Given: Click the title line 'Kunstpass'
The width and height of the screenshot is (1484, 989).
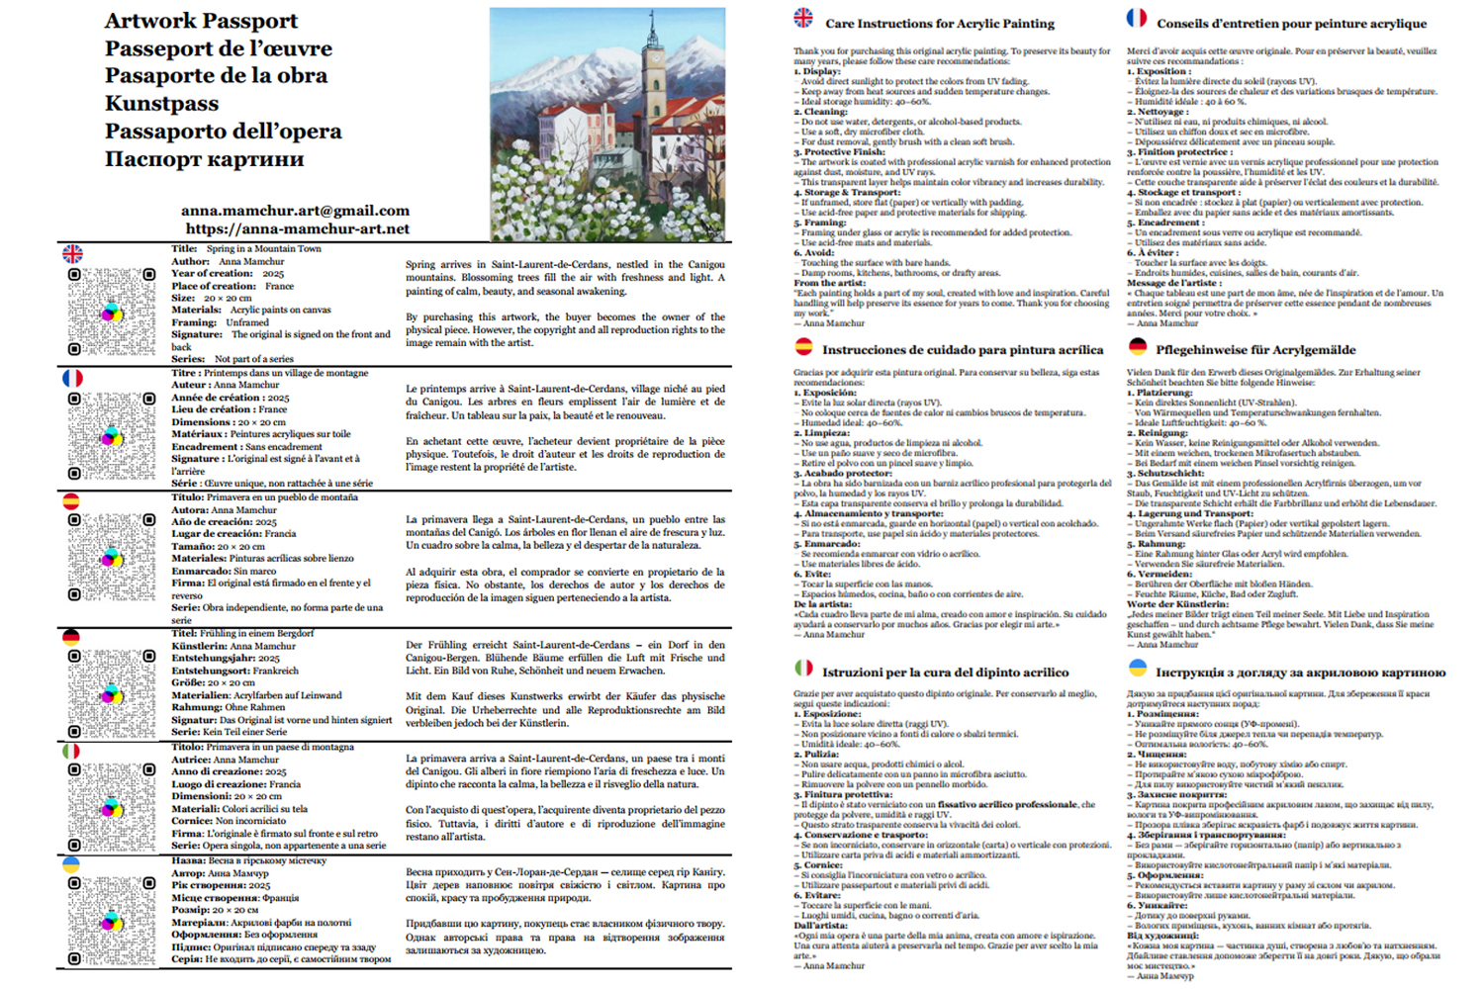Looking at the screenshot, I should (161, 104).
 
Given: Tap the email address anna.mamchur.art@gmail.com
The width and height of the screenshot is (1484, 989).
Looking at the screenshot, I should (295, 211).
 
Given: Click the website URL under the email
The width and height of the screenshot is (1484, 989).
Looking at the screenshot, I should (297, 229).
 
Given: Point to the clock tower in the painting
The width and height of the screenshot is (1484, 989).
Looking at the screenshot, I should (653, 89).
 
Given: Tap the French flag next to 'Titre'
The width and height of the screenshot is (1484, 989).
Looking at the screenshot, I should (72, 379).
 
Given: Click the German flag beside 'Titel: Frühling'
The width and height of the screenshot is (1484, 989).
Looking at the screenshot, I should (71, 638).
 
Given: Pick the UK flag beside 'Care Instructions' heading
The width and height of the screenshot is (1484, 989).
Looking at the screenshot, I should (803, 18).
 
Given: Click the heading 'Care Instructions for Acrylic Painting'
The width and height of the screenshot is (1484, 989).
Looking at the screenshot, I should (940, 24).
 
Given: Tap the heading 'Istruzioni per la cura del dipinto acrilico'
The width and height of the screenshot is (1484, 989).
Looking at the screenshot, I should (945, 673).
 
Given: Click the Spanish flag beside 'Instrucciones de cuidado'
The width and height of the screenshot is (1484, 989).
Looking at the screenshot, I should (803, 347).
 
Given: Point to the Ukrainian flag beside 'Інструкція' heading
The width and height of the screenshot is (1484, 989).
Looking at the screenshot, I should (1138, 669).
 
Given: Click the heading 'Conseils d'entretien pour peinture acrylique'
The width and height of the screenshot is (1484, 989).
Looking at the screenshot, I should (1291, 24).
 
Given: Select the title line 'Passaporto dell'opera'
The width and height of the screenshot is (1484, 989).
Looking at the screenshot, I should (223, 132).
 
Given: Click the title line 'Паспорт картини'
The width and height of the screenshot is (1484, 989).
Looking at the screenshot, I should (204, 159).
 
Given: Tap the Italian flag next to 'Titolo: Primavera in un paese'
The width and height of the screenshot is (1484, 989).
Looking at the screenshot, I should (71, 752).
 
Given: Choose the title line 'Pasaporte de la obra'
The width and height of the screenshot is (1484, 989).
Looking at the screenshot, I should (216, 76).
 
